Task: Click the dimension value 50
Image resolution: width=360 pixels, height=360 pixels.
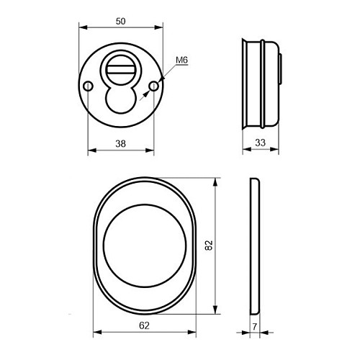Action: click(x=120, y=22)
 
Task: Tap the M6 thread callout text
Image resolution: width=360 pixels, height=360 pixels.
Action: click(x=181, y=60)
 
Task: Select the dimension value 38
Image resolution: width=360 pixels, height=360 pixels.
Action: click(x=120, y=144)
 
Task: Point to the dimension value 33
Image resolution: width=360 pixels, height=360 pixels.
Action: click(x=261, y=143)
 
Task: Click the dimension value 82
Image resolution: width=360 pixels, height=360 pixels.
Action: click(x=209, y=246)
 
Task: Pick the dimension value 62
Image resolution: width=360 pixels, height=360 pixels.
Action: click(x=144, y=325)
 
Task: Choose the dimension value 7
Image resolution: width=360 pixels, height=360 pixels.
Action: click(x=255, y=327)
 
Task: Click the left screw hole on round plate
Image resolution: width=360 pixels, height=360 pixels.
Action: click(x=88, y=86)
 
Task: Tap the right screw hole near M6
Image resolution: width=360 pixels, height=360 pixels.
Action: click(x=154, y=86)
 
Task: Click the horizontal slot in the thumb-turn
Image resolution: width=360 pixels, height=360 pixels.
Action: click(x=121, y=70)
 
